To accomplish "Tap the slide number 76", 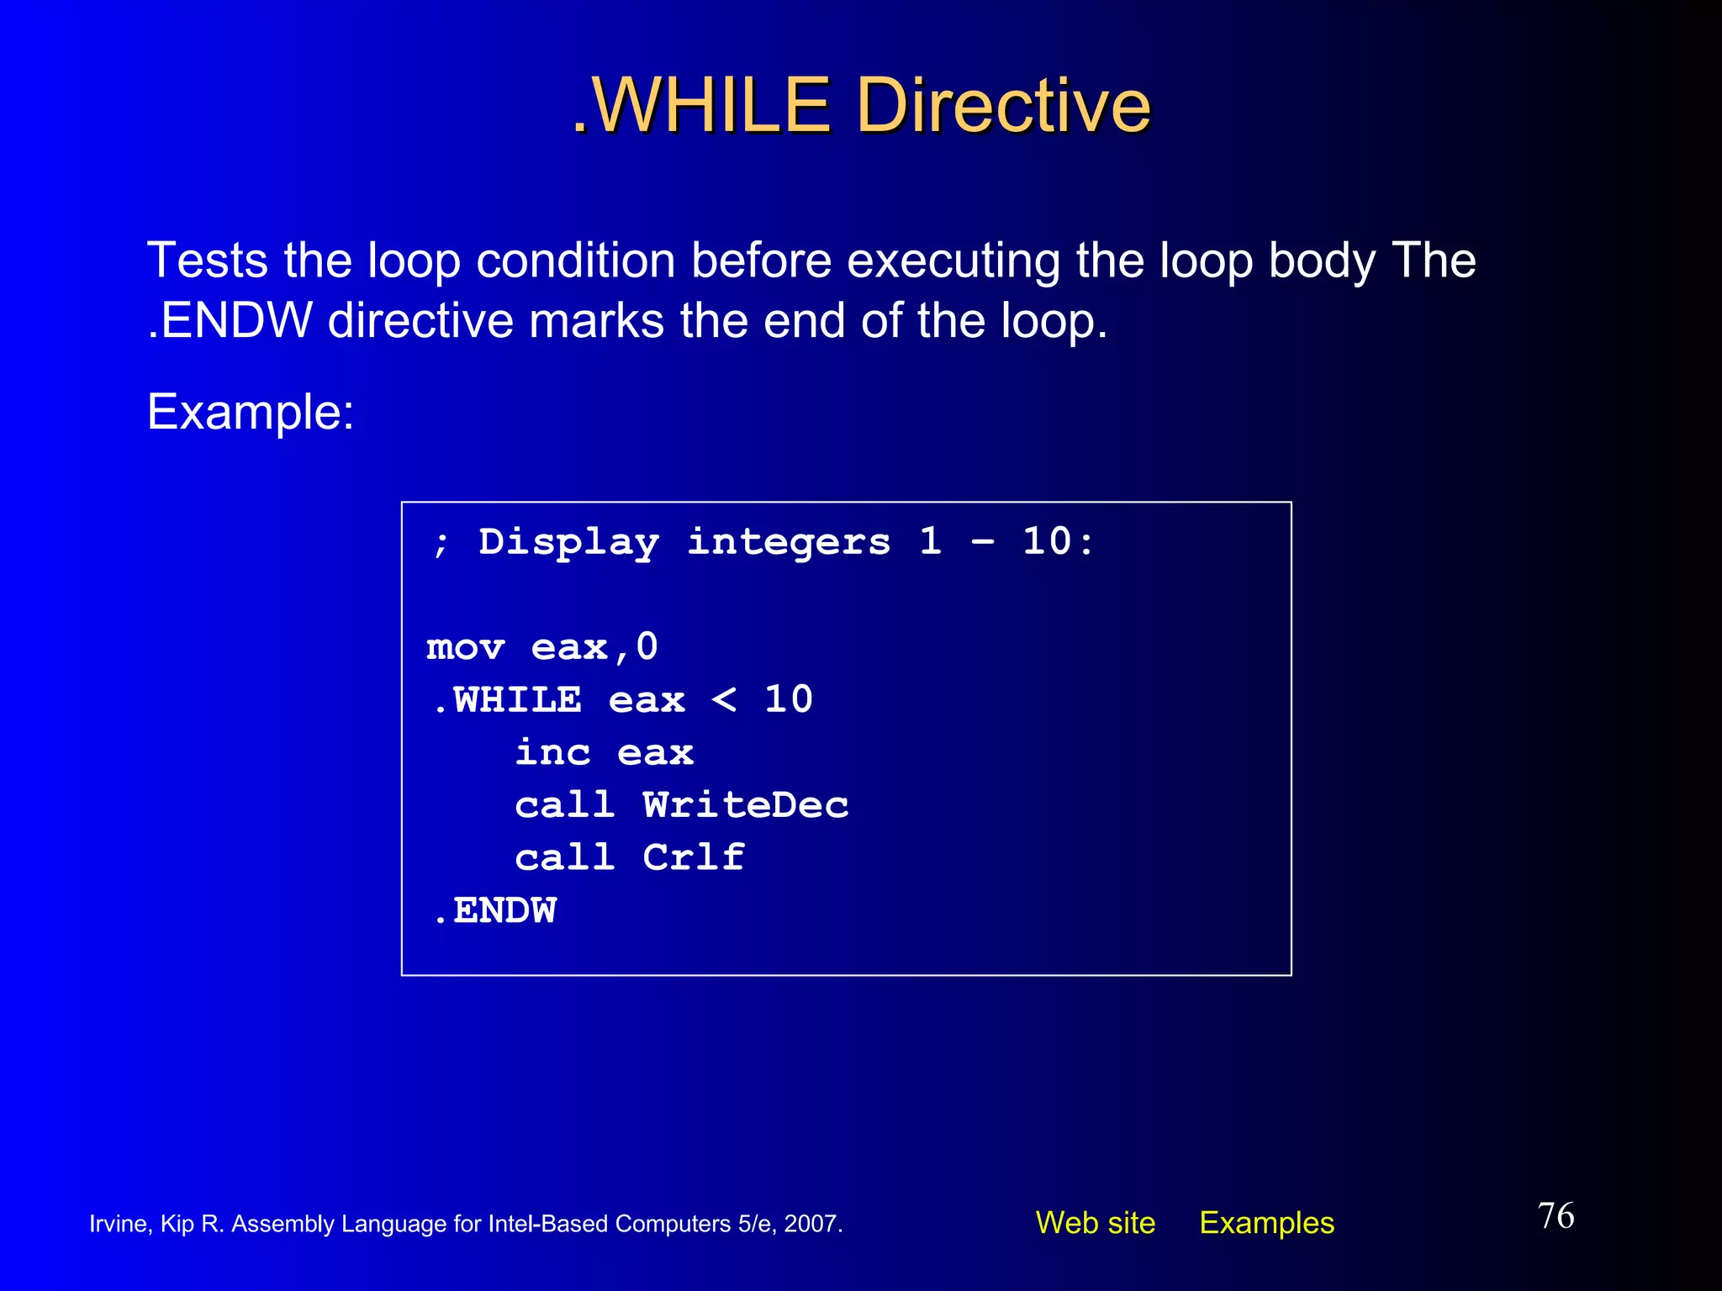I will [1556, 1215].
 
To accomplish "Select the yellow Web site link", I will [1095, 1223].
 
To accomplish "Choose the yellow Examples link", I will [1266, 1223].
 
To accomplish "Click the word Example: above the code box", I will [251, 413].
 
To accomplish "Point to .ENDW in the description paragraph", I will [230, 322].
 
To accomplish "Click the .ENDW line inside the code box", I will [495, 911].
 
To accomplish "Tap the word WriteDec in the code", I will [746, 805].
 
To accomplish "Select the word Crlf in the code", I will [694, 858].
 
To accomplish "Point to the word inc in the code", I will [552, 752].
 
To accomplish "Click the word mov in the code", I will [465, 647].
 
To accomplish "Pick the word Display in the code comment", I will [568, 543].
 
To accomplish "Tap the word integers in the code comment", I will [789, 543].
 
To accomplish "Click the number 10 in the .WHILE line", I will [788, 699].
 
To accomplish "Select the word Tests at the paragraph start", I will [208, 261].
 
